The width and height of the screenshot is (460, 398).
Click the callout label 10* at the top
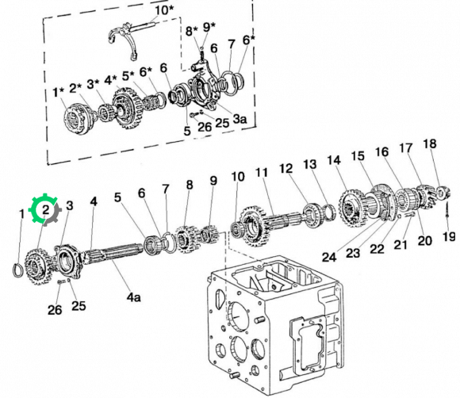pyautogui.click(x=164, y=11)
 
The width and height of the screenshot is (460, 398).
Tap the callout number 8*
pyautogui.click(x=192, y=31)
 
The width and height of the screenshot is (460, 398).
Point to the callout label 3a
pyautogui.click(x=240, y=119)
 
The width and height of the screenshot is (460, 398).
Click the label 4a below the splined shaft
pyautogui.click(x=133, y=297)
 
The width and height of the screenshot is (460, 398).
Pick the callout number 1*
pyautogui.click(x=59, y=93)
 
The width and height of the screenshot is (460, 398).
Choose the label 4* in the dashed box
pyautogui.click(x=110, y=80)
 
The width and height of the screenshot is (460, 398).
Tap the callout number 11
pyautogui.click(x=262, y=173)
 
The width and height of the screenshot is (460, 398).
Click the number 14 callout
pyautogui.click(x=334, y=160)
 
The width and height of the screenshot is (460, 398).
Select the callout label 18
pyautogui.click(x=430, y=144)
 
